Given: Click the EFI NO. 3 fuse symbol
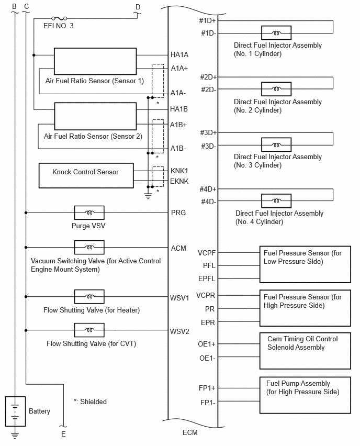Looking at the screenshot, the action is pos(59,18).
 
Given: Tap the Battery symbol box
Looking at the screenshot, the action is pos(15,411).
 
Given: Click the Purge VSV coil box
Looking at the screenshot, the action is pos(89,213).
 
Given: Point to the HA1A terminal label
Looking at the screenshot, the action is pos(179,54).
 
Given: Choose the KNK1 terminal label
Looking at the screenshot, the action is pos(179,171).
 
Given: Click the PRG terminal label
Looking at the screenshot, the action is pos(178,213).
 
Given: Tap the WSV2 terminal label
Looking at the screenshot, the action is pos(179,331).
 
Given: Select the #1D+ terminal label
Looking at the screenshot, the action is pos(207,20).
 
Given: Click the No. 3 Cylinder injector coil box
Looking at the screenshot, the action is pos(276,145).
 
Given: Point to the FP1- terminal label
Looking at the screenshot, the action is pos(208,403).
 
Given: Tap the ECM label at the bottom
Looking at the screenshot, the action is pos(190,432).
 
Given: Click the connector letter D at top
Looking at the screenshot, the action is pos(138,7).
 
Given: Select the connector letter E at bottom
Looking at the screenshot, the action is pos(63,434).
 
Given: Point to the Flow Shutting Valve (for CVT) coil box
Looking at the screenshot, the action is pos(89,330).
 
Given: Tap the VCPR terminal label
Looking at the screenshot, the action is pos(206,296).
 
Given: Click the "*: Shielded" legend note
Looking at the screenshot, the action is pos(90,402).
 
